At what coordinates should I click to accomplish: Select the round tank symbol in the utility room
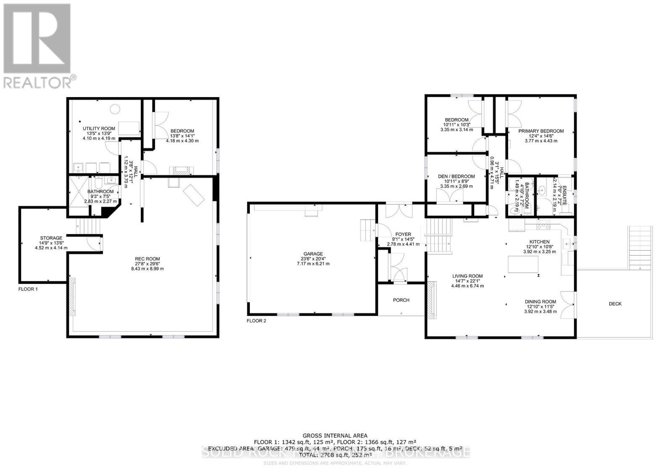tap(115, 109)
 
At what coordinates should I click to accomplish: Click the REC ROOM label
tap(147, 259)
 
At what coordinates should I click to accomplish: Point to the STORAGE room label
tap(51, 238)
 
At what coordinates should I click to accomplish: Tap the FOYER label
tap(403, 234)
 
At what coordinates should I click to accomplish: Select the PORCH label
tap(401, 300)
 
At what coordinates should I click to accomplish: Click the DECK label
tap(615, 304)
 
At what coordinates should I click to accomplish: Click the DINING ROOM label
tap(540, 301)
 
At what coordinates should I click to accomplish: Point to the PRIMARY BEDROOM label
tap(541, 131)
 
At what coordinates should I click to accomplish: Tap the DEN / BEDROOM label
tap(456, 176)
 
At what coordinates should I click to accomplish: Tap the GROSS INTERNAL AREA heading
tap(335, 436)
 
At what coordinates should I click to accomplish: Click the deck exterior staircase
tap(640, 248)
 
